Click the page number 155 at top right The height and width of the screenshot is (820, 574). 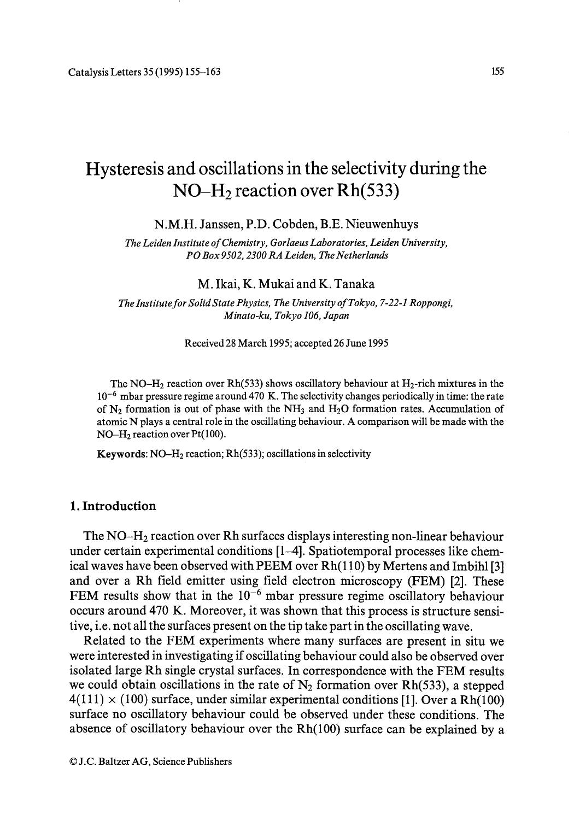click(497, 72)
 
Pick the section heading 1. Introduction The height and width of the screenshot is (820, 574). click(113, 506)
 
